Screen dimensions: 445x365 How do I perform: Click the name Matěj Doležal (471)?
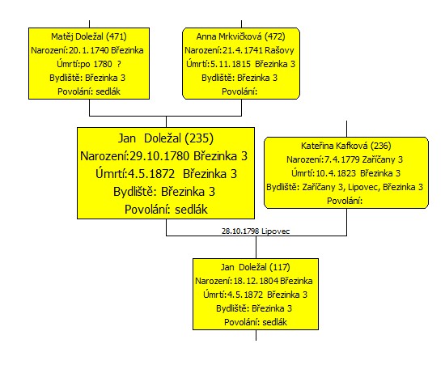(x=89, y=36)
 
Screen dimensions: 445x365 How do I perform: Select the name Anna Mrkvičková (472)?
(x=240, y=36)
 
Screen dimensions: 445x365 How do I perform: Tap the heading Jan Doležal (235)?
(x=166, y=138)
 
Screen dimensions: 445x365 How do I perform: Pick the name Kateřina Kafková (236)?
(x=346, y=146)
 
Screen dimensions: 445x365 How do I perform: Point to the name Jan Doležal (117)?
(x=256, y=267)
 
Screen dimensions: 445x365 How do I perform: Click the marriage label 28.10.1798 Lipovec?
(x=256, y=231)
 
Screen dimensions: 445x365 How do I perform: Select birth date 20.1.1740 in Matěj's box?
(x=89, y=50)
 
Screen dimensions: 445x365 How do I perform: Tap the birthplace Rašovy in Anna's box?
(x=280, y=50)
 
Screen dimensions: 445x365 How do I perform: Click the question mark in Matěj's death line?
(x=119, y=64)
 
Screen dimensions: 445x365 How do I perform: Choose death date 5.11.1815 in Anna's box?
(x=231, y=64)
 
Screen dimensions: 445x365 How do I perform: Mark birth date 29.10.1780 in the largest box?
(x=159, y=156)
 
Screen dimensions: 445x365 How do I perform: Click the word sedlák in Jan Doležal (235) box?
(x=191, y=210)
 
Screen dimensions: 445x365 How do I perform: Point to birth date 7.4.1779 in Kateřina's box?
(x=342, y=159)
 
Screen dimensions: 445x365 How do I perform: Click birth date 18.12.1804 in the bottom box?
(x=256, y=281)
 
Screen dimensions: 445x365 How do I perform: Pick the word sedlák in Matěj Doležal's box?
(x=108, y=91)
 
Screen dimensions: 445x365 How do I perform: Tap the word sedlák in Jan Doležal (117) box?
(x=275, y=322)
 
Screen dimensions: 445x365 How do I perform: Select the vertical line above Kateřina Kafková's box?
(x=346, y=129)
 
